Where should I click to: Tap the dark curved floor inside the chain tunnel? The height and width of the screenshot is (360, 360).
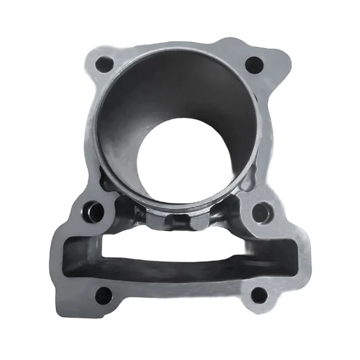point(180,265)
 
